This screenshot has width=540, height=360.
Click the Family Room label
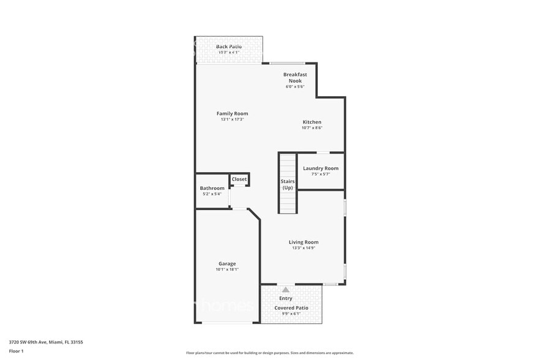click(232, 113)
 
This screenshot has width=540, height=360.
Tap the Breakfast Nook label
click(294, 78)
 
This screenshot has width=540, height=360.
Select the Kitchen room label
click(312, 122)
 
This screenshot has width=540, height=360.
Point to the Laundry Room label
click(320, 168)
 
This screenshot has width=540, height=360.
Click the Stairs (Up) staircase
click(288, 184)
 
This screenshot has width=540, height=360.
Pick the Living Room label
click(303, 242)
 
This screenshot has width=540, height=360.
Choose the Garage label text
click(227, 264)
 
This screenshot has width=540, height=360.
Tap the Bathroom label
click(212, 188)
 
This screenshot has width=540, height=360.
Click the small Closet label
click(239, 179)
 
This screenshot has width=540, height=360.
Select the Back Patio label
click(228, 47)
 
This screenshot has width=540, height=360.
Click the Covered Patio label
click(291, 308)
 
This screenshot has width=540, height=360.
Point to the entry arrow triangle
click(285, 289)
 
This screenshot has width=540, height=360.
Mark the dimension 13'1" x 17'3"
click(232, 119)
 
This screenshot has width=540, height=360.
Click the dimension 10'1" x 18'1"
click(227, 269)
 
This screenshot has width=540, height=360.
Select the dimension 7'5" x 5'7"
click(320, 174)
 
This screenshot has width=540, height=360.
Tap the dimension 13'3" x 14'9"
click(303, 248)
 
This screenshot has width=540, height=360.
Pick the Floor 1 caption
click(16, 351)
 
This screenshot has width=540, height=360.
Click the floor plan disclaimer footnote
click(269, 353)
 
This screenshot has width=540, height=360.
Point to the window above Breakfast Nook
click(288, 63)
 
